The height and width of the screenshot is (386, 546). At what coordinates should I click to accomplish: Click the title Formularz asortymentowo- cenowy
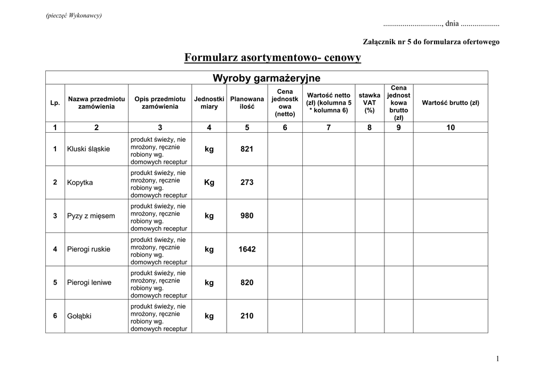click(x=272, y=58)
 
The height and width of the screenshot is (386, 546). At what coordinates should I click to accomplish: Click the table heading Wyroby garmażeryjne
click(x=267, y=78)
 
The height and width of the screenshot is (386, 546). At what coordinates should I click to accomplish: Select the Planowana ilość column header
click(x=247, y=103)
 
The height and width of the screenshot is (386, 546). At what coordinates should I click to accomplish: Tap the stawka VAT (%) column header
click(x=370, y=103)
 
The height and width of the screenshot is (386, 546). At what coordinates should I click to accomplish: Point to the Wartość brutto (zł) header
click(x=451, y=103)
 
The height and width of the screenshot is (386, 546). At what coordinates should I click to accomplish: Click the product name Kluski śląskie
click(x=89, y=149)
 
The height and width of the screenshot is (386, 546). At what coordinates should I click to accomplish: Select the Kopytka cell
click(x=80, y=182)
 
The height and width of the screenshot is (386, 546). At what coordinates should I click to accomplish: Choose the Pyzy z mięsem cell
click(x=91, y=216)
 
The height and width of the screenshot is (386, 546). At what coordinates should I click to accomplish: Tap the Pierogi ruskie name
click(x=89, y=249)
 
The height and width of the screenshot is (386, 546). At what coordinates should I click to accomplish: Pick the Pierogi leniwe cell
click(x=90, y=283)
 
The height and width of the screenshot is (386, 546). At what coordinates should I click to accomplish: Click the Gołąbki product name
click(x=79, y=316)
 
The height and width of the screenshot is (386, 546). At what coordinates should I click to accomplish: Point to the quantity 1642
click(x=247, y=249)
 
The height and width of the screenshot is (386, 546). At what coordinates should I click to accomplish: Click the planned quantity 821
click(x=247, y=149)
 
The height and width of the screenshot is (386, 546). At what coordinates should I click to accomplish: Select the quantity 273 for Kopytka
click(x=247, y=182)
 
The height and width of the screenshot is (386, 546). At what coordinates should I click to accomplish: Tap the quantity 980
click(x=247, y=216)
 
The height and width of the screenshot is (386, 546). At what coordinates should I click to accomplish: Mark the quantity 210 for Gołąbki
click(x=247, y=316)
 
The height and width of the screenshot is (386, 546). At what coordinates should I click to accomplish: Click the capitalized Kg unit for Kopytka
click(x=209, y=182)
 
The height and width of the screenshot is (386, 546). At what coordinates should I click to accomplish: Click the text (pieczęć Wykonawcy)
click(x=74, y=15)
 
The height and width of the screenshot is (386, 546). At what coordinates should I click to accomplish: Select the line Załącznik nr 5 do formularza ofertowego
click(x=431, y=42)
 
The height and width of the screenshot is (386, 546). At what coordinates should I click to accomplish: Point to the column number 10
click(x=451, y=127)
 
